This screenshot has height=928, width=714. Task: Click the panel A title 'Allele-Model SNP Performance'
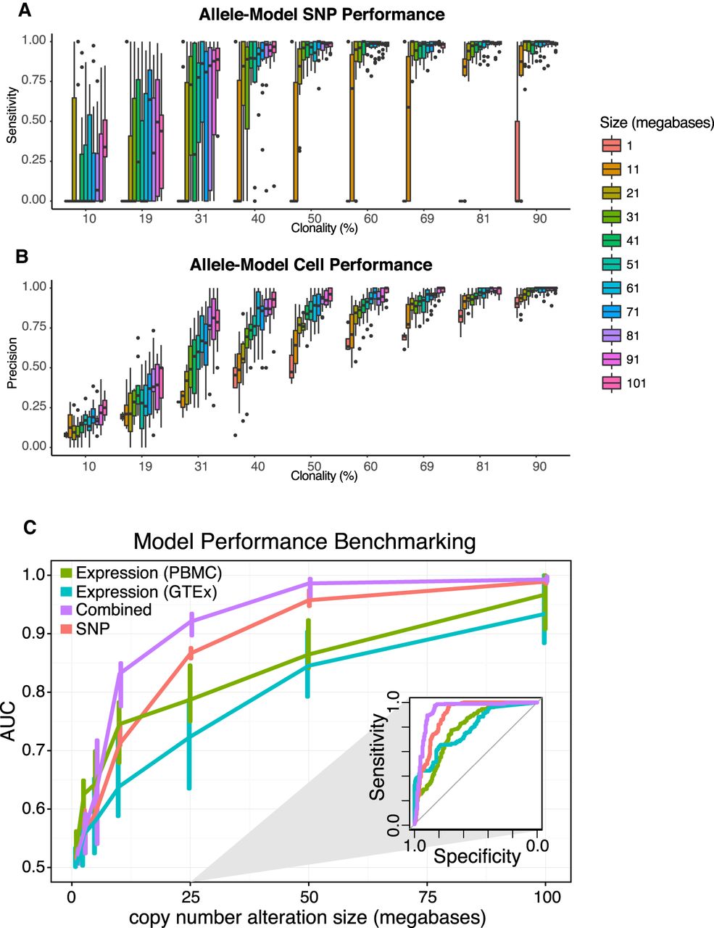click(322, 14)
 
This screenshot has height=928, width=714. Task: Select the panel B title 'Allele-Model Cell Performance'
click(311, 265)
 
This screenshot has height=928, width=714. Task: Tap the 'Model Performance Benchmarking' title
click(304, 542)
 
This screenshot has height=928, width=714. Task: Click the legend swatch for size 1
click(610, 146)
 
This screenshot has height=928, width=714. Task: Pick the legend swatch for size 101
click(610, 384)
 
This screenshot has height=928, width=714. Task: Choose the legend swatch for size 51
click(610, 265)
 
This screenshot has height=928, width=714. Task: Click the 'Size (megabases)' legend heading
click(657, 122)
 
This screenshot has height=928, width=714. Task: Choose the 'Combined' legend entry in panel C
click(113, 610)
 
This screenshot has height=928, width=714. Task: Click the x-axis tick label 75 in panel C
click(428, 898)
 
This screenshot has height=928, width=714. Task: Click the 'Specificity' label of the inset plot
click(477, 856)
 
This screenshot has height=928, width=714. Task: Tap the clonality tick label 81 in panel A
click(483, 217)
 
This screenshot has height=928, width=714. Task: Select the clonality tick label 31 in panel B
click(201, 466)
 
